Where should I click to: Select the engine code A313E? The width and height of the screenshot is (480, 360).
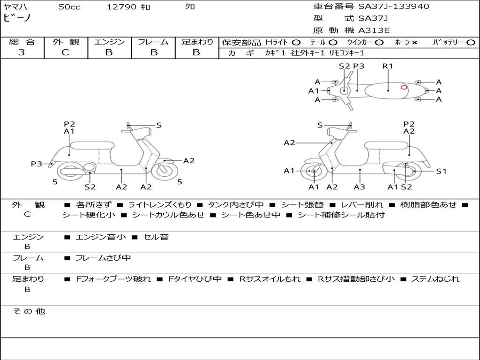point(374,31)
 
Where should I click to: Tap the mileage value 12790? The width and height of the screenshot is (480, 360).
point(121,7)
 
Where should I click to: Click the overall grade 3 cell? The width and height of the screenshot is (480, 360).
point(22,52)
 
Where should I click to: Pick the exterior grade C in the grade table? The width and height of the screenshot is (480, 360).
point(65,52)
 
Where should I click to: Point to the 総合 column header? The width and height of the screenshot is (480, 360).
point(22,42)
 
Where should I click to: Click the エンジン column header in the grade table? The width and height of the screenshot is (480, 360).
point(109,42)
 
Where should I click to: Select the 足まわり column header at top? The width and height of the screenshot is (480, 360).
point(197,42)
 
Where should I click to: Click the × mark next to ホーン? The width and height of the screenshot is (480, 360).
point(414,43)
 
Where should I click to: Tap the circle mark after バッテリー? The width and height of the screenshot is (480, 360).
point(471,43)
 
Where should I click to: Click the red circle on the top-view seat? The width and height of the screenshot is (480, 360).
point(404,87)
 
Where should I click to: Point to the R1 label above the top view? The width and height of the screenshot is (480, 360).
point(388,66)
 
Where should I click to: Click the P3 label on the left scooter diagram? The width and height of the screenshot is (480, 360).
point(36,164)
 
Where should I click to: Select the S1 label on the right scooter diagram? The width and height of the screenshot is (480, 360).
point(441,171)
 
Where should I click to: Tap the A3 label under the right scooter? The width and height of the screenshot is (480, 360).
point(360,187)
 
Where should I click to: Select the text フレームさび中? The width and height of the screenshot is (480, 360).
point(103,258)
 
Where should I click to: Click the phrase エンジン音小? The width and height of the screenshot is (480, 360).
point(101,237)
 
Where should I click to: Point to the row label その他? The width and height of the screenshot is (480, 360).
point(29,311)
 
